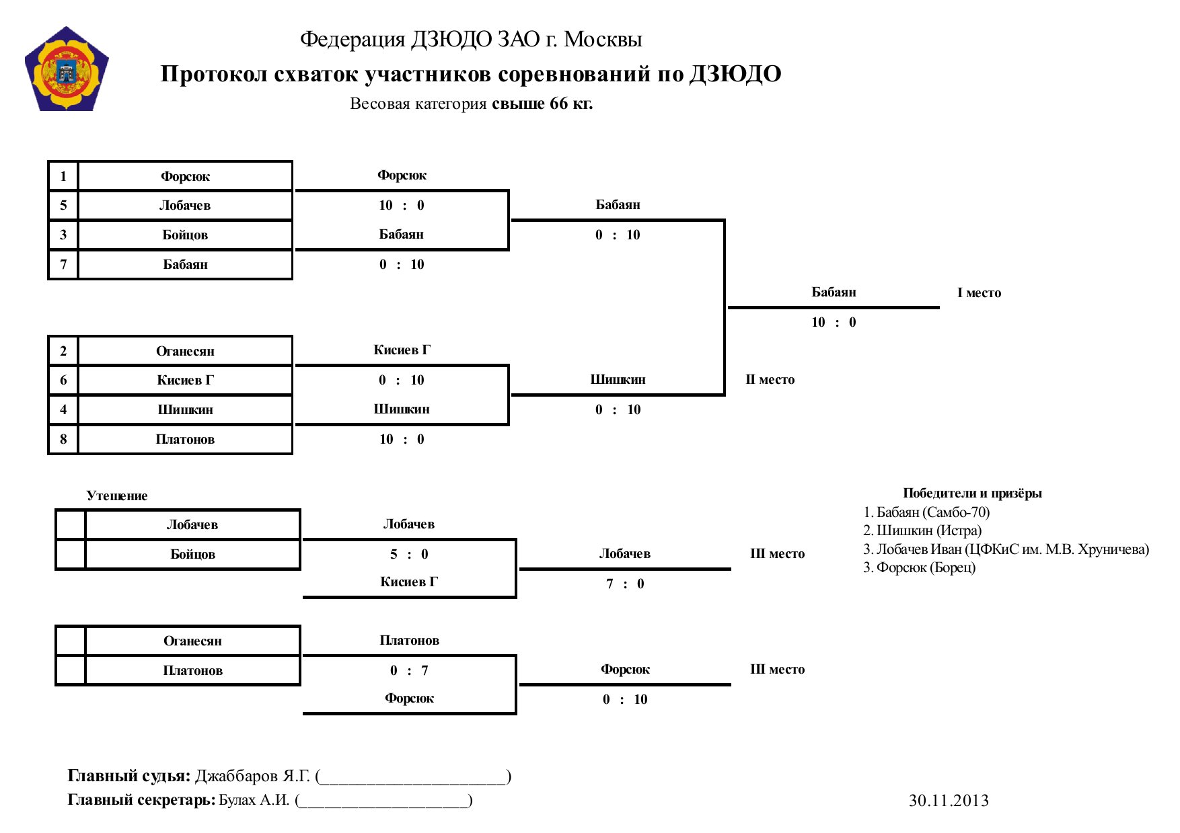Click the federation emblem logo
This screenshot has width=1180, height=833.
[x=66, y=70]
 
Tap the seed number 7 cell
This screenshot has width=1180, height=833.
[x=63, y=264]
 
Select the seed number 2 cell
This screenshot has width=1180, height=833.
[x=63, y=351]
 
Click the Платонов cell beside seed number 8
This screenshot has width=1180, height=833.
[x=185, y=440]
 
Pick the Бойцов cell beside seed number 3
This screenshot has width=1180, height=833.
[x=185, y=235]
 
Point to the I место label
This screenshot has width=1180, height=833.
[x=979, y=293]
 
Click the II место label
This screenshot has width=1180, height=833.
[x=770, y=380]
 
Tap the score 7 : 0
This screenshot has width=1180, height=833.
[x=625, y=584]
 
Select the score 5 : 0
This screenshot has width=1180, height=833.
[x=409, y=555]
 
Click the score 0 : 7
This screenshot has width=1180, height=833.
[x=409, y=670]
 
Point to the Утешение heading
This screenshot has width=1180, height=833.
[x=117, y=496]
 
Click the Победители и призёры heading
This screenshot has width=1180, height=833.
[x=972, y=493]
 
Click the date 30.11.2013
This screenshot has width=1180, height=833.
[x=949, y=801]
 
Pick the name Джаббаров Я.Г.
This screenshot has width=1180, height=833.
[x=252, y=777]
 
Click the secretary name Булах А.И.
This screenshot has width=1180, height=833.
[x=254, y=800]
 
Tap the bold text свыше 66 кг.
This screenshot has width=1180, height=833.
[x=542, y=104]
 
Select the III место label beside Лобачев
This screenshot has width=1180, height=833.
[x=777, y=554]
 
